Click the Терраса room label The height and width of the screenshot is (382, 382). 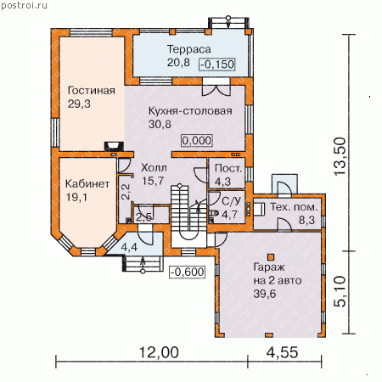pos(189,49)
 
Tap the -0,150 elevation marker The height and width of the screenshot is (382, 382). pos(217,65)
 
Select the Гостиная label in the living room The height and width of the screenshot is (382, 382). pos(92,91)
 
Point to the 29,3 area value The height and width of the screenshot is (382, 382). pos(79,104)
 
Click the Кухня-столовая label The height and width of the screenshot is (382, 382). pos(190,111)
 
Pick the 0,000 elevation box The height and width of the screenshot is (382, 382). pos(197,140)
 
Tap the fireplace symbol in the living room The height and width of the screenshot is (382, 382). pos(114,146)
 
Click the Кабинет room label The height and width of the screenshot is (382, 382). pos(87,183)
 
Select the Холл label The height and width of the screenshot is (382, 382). pos(154,168)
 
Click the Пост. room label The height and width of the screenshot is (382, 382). pos(228,168)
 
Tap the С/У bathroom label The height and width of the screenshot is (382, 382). pos(231,201)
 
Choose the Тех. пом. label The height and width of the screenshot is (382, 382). pos(294,207)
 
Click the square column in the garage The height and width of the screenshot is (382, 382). pos(271,257)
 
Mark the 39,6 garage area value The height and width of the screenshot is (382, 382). pos(265,294)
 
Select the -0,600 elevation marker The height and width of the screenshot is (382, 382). pos(187,272)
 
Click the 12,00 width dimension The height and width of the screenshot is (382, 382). pos(159,352)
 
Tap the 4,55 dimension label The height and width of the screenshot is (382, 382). pos(282,352)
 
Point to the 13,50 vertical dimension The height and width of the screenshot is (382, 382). pos(340,156)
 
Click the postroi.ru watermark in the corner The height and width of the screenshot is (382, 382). pos(25,6)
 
